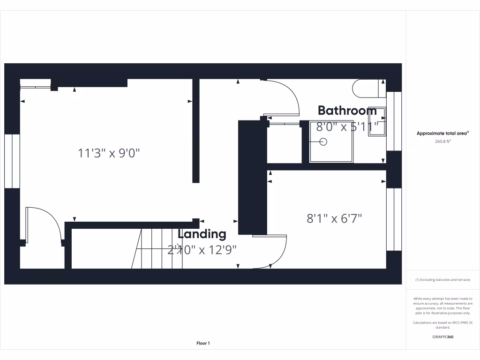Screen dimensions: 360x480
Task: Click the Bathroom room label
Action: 347,111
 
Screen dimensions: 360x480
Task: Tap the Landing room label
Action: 202,234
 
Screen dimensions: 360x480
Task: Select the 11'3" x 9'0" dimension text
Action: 109,153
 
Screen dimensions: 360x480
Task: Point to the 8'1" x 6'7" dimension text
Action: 334,218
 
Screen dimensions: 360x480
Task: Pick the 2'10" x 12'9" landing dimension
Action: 202,250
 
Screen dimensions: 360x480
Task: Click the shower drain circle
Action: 323,141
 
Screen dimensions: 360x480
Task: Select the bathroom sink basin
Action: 376,121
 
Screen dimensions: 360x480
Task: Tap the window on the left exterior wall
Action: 12,161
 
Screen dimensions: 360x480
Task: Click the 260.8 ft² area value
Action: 442,141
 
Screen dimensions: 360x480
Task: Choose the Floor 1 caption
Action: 203,344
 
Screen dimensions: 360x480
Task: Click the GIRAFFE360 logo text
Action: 442,337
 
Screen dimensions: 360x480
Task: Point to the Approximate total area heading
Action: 442,134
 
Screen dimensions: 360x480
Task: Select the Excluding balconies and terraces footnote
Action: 442,280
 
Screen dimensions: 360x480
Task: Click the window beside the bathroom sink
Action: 394,121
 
